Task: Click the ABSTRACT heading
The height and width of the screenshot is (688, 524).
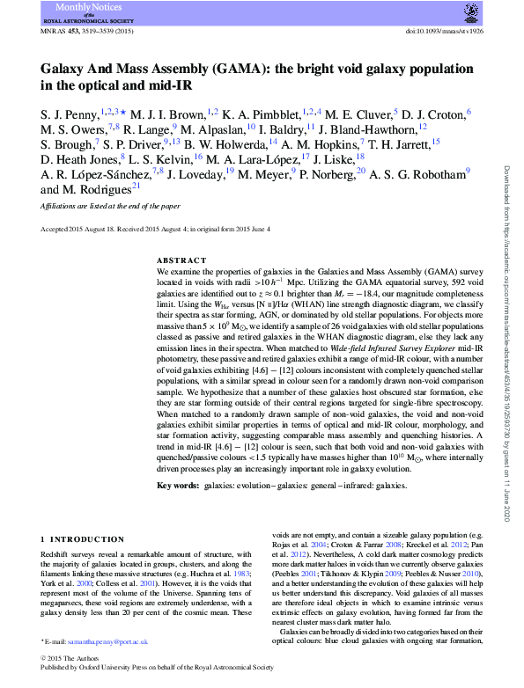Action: (181, 261)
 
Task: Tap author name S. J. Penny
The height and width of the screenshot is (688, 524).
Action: (67, 113)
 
